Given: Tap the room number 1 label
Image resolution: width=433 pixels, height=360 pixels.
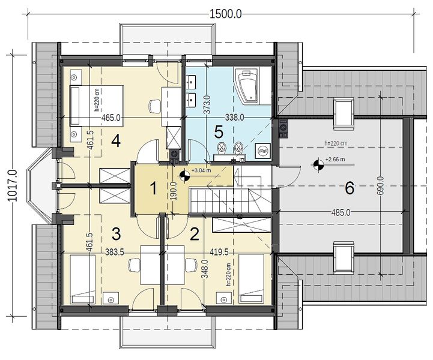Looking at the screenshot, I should click(153, 188).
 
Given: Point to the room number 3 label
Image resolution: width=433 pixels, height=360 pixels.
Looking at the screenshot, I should click(117, 232).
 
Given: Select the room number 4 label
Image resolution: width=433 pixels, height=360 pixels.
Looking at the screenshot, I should click(116, 141).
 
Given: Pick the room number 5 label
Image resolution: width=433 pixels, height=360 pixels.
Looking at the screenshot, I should click(220, 131).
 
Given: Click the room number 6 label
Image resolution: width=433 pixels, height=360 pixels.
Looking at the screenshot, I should click(350, 188).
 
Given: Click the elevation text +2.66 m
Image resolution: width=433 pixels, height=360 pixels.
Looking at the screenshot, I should click(334, 160).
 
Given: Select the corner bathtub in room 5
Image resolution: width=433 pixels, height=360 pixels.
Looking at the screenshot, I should click(249, 85).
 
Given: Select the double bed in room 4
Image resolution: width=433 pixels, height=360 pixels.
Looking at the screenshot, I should click(97, 103).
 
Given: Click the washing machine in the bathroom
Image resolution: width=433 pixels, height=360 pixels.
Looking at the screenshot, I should click(263, 151).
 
